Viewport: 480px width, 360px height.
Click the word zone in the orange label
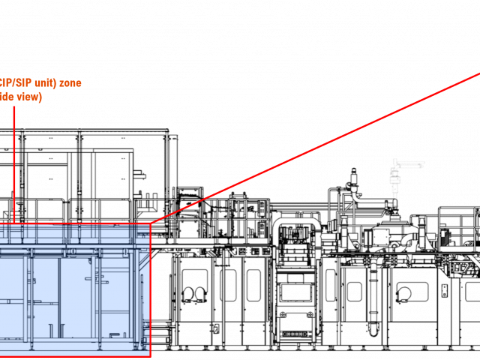70,82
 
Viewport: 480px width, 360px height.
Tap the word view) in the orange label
31,97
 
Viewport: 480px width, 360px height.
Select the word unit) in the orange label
42,82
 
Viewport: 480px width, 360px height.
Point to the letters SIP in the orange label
19,82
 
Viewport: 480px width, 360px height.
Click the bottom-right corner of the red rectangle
150,356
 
